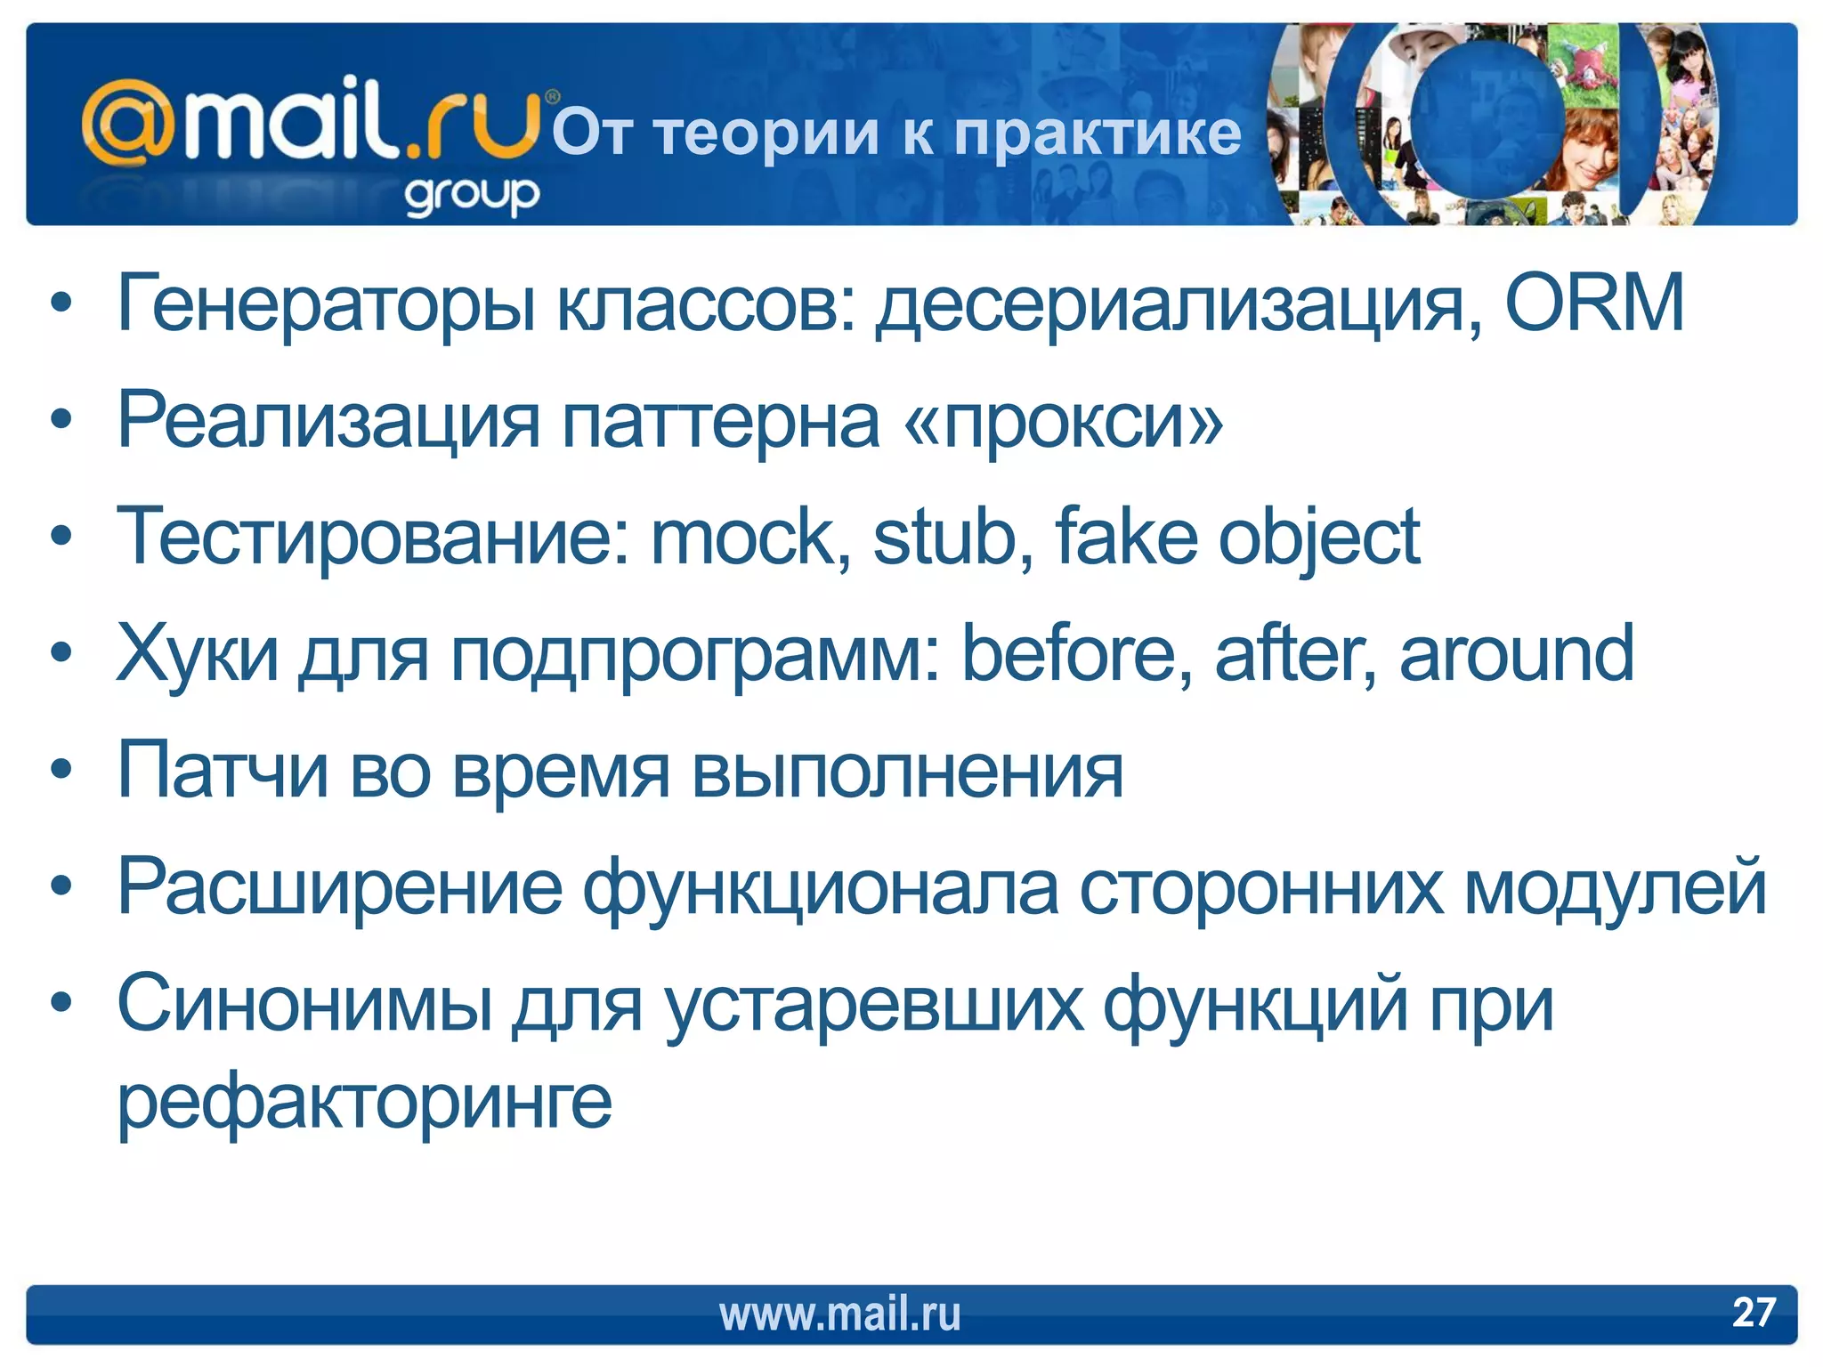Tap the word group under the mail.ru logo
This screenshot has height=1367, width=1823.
tap(472, 195)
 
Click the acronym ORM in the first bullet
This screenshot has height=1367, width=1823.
tap(1594, 303)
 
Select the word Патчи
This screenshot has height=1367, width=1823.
tap(223, 771)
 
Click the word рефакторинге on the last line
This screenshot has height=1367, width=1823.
tap(365, 1104)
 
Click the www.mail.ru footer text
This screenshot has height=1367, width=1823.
tap(839, 1314)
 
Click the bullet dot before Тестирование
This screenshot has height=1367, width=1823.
tap(61, 537)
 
